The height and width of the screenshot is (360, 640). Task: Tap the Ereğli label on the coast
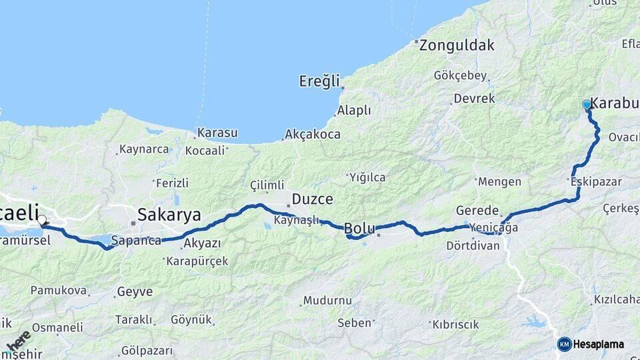(x=319, y=81)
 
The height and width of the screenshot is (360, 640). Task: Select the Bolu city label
(x=359, y=229)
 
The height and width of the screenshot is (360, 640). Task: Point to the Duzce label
(x=313, y=199)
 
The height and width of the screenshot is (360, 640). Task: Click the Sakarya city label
(x=169, y=214)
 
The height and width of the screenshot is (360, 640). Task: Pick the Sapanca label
(x=136, y=241)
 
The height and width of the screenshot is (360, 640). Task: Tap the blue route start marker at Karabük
(x=587, y=105)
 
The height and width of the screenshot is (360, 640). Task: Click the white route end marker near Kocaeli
(x=42, y=220)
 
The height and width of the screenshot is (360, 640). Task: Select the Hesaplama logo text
(x=599, y=344)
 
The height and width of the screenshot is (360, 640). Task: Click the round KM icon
(x=564, y=344)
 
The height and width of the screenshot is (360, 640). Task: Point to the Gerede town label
(x=477, y=210)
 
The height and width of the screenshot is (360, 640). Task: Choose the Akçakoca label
(x=312, y=134)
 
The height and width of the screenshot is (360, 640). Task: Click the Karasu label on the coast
(x=217, y=133)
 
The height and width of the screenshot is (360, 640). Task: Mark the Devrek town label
(x=474, y=99)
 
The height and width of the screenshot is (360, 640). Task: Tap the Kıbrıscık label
(x=455, y=325)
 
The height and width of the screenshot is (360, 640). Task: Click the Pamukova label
(x=59, y=291)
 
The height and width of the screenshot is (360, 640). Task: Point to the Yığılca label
(x=367, y=177)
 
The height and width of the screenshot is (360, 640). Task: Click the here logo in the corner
(x=18, y=341)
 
